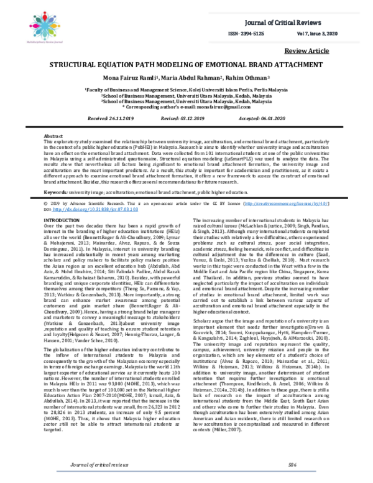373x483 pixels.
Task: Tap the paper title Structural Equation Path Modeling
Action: coord(186,64)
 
